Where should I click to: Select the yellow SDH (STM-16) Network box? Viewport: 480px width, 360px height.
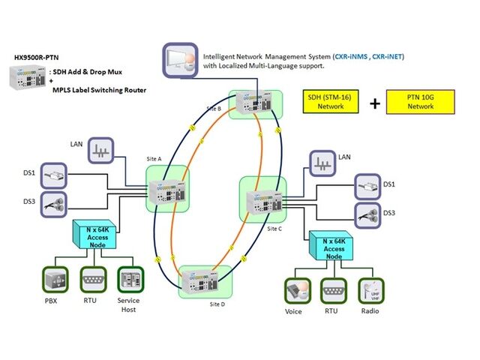tap(331, 101)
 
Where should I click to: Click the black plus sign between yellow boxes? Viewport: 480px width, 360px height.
tap(374, 103)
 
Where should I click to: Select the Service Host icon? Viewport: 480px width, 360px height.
tap(128, 282)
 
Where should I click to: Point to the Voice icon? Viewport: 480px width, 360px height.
tap(293, 291)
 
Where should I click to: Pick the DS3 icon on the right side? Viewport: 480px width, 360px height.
tap(367, 213)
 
